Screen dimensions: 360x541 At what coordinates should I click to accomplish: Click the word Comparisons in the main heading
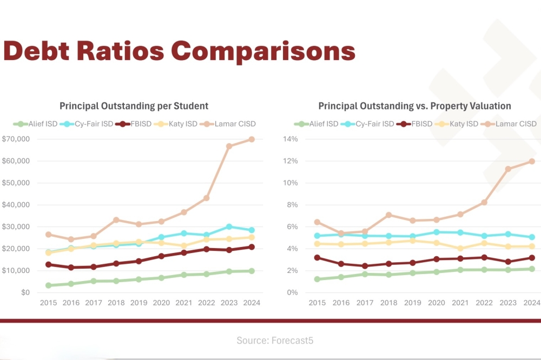(x=263, y=51)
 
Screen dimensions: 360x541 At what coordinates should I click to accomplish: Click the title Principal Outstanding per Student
(x=134, y=106)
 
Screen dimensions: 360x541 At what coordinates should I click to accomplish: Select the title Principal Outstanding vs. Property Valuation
(x=414, y=106)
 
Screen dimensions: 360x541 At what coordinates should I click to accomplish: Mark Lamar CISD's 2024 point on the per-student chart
(x=251, y=139)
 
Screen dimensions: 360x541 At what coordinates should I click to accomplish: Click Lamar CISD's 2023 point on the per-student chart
(x=229, y=146)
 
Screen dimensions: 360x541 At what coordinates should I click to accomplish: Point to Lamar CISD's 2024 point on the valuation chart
(x=532, y=161)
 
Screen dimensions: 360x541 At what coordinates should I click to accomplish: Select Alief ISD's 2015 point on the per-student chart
(x=48, y=285)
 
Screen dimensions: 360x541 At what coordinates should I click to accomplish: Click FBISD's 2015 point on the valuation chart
(x=318, y=257)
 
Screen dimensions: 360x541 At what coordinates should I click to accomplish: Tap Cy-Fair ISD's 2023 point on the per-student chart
(x=229, y=226)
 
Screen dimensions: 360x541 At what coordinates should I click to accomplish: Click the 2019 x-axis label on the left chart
(x=138, y=303)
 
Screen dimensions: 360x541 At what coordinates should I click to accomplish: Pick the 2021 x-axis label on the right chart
(x=460, y=303)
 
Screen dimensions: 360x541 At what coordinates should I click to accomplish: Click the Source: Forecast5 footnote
(x=275, y=341)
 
